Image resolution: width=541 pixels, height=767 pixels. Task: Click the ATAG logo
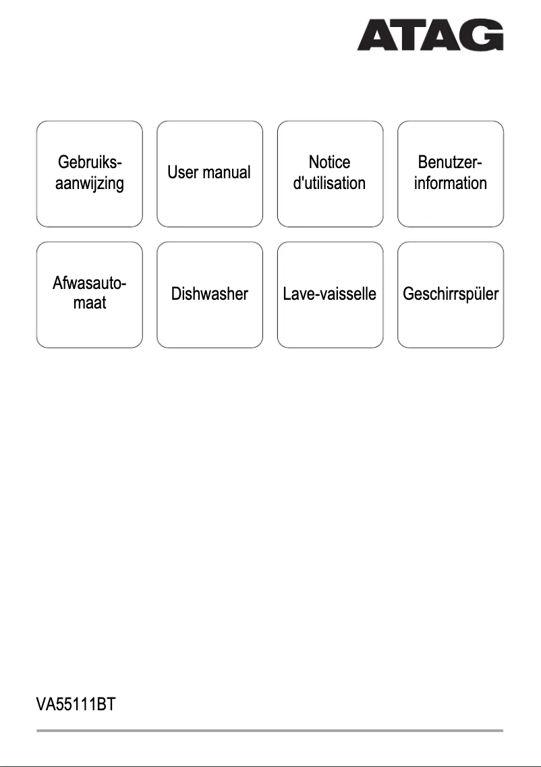tap(430, 34)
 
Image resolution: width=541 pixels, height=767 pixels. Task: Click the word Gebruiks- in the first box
tap(90, 162)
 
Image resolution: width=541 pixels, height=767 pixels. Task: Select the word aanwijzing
tap(90, 183)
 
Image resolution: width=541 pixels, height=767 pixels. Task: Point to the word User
tap(184, 173)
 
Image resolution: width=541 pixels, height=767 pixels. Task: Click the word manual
tap(227, 173)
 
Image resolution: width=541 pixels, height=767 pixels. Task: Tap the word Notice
tap(330, 162)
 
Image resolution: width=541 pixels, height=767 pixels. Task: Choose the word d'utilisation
tap(330, 183)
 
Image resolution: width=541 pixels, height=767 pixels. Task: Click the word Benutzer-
tap(451, 162)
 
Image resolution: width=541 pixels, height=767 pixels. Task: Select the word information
tap(451, 183)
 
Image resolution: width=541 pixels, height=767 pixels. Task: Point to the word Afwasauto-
tap(90, 284)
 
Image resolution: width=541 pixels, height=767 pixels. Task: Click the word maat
tap(90, 305)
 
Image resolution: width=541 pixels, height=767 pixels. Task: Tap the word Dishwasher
tap(210, 294)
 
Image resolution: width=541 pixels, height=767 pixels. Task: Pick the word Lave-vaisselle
tap(330, 294)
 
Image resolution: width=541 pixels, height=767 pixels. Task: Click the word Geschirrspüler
tap(451, 294)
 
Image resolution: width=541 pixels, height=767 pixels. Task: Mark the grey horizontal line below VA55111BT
tap(270, 731)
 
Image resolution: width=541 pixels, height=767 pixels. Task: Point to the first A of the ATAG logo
tap(376, 34)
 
